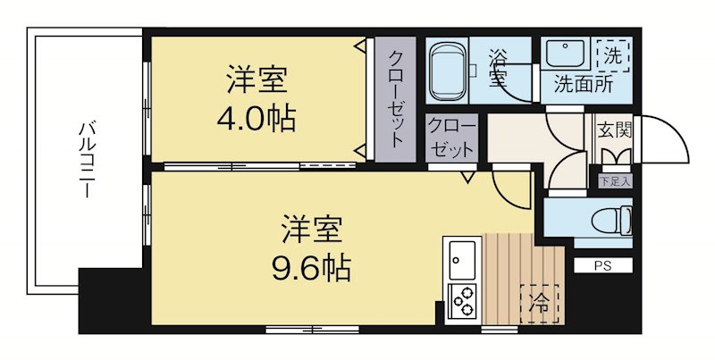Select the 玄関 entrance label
pyautogui.click(x=614, y=129)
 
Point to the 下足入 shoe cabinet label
pyautogui.click(x=614, y=180)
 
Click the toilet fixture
pyautogui.click(x=615, y=217)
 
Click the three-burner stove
pyautogui.click(x=463, y=301)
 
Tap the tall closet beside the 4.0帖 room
pyautogui.click(x=395, y=98)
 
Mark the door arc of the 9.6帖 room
pyautogui.click(x=512, y=188)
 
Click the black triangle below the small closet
pyautogui.click(x=467, y=177)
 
